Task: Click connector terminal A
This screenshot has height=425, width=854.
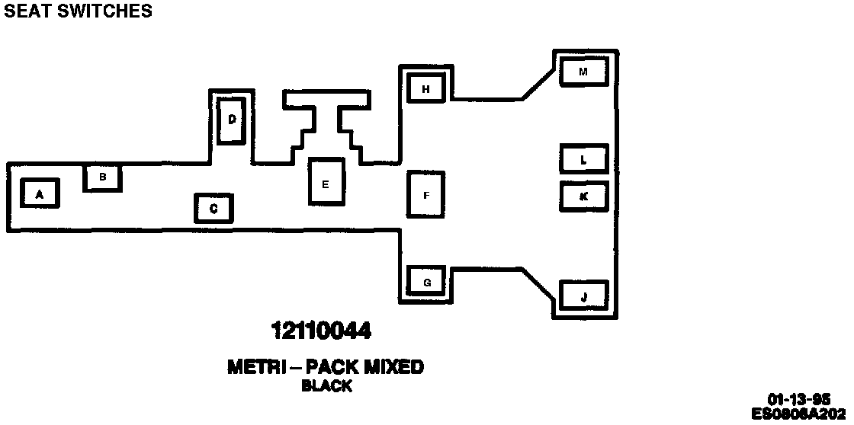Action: click(40, 193)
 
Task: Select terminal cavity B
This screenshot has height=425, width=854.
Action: click(103, 177)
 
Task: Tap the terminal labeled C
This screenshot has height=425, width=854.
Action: click(213, 208)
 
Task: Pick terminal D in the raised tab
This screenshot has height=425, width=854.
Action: click(231, 120)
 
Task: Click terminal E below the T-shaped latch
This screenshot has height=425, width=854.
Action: click(326, 182)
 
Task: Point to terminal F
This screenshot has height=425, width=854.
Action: click(426, 195)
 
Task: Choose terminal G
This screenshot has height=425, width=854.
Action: click(426, 283)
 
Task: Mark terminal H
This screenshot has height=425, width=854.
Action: click(426, 88)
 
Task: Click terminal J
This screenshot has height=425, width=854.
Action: click(583, 296)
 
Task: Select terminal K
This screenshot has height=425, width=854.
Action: click(583, 196)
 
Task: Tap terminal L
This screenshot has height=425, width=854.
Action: click(583, 159)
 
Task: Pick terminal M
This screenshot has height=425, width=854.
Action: click(583, 72)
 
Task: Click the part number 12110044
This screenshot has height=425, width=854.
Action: click(322, 331)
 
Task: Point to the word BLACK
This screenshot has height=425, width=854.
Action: click(326, 386)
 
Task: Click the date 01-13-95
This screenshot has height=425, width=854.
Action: click(799, 399)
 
